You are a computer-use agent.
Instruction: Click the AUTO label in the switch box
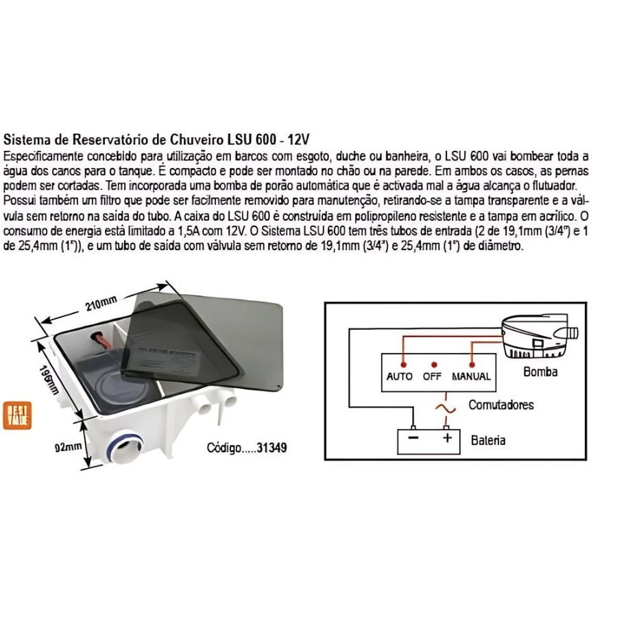400,376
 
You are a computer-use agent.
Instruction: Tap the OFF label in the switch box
433,376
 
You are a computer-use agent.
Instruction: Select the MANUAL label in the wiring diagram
471,376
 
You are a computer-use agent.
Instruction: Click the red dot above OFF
433,363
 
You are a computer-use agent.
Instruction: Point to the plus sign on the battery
447,437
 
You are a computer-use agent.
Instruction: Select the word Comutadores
500,404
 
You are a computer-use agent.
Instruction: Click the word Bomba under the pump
540,372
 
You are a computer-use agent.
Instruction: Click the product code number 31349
271,448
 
